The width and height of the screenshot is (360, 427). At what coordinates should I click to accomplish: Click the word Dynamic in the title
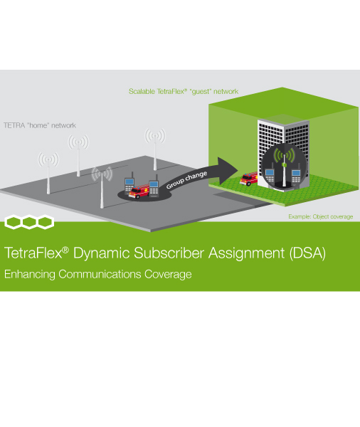coord(101,253)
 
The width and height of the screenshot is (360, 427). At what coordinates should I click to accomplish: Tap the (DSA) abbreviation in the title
coord(307,253)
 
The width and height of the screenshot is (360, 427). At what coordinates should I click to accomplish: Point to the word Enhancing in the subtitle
coord(30,275)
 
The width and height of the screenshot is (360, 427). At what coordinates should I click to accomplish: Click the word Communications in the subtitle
coord(100,274)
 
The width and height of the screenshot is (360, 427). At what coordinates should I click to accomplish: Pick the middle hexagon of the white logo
coord(29,222)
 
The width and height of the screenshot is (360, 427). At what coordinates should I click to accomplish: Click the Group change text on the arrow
coord(186,180)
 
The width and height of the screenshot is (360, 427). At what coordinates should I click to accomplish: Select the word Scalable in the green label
coord(142,92)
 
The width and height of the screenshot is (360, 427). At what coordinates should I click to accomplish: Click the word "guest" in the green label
coord(201,92)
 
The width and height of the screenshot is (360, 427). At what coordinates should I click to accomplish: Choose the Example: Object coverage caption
coord(321,217)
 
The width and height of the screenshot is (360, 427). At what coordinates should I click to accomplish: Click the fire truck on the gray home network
coord(139,191)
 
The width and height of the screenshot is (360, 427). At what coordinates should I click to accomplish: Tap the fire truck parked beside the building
coord(248,179)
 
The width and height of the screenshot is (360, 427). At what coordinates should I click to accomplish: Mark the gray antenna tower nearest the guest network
coord(155,149)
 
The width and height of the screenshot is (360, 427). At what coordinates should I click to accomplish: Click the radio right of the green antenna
coord(296,174)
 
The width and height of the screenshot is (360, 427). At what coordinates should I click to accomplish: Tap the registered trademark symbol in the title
coord(65,249)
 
